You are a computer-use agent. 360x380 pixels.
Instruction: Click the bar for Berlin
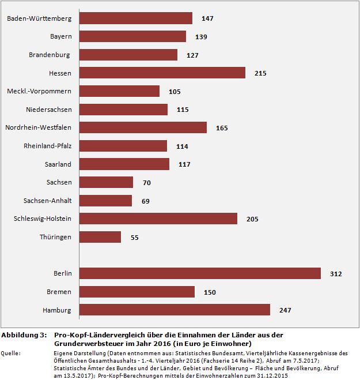click(199, 273)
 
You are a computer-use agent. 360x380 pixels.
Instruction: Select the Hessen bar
click(162, 73)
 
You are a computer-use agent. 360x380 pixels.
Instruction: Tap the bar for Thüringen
click(100, 237)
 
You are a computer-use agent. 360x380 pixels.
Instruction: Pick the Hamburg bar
click(174, 310)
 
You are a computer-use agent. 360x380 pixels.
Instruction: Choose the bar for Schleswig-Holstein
click(158, 219)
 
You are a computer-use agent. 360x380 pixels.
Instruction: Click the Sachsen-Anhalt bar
click(105, 201)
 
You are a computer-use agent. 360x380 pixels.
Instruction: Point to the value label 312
click(336, 274)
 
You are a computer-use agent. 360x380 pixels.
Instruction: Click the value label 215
click(260, 73)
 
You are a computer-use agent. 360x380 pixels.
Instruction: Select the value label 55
click(135, 238)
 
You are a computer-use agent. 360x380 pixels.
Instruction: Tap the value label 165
click(222, 128)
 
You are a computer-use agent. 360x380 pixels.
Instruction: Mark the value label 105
click(175, 92)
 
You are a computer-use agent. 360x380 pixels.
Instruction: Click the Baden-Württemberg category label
click(39, 18)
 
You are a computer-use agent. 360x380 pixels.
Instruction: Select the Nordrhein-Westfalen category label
click(38, 127)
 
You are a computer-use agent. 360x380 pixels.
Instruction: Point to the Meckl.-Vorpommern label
click(39, 91)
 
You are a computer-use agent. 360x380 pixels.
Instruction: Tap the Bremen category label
click(59, 292)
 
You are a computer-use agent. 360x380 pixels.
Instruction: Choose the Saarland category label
click(58, 164)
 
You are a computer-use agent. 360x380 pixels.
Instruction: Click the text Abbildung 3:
click(24, 335)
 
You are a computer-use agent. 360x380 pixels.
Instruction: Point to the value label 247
click(285, 310)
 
